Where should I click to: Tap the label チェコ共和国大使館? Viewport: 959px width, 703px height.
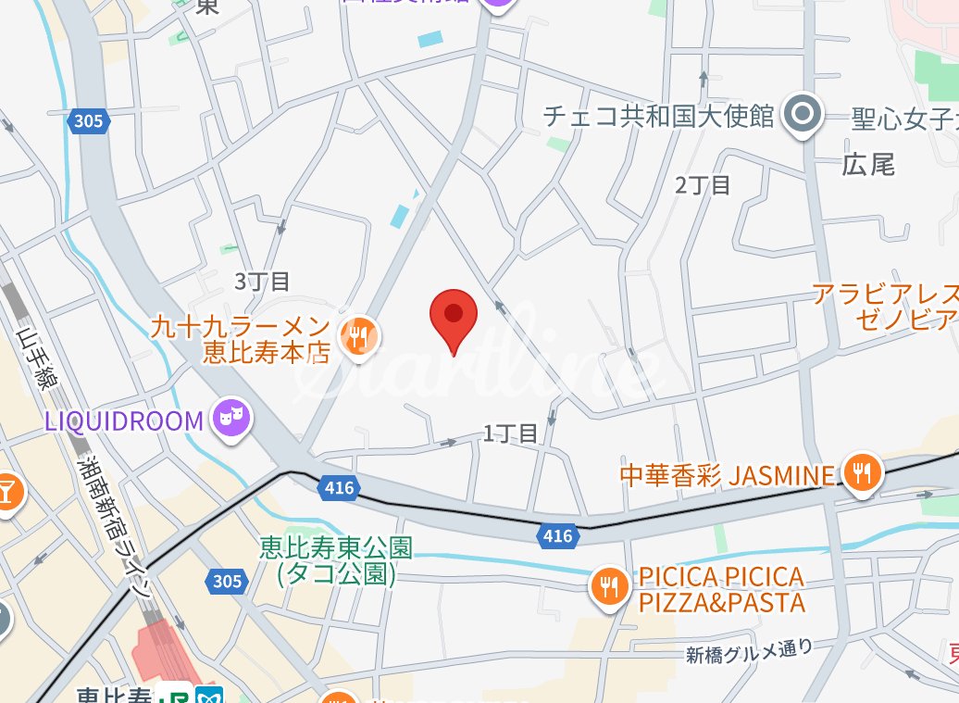pyautogui.click(x=658, y=116)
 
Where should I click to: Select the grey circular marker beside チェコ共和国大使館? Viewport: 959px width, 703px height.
pyautogui.click(x=802, y=115)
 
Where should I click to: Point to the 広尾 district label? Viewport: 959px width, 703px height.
pyautogui.click(x=868, y=165)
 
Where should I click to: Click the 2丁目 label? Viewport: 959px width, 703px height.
pyautogui.click(x=703, y=184)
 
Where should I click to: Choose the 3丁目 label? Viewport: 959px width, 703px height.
pyautogui.click(x=262, y=281)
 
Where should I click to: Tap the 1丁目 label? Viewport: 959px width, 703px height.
pyautogui.click(x=510, y=433)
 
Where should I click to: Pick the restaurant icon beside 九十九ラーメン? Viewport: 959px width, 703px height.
pyautogui.click(x=358, y=337)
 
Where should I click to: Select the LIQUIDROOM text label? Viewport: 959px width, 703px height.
pyautogui.click(x=123, y=421)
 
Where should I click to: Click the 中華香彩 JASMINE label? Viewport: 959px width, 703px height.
pyautogui.click(x=727, y=476)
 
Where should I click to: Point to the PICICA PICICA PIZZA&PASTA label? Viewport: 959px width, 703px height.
pyautogui.click(x=722, y=590)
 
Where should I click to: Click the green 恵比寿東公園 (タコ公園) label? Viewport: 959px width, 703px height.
pyautogui.click(x=336, y=560)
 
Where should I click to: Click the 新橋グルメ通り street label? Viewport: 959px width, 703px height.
pyautogui.click(x=750, y=651)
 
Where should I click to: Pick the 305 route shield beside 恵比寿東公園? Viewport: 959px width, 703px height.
pyautogui.click(x=227, y=582)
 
